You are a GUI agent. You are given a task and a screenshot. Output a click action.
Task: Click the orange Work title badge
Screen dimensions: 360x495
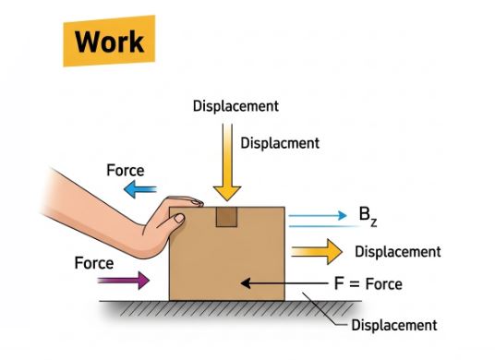(110, 42)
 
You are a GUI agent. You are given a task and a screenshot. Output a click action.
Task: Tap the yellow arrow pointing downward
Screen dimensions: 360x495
(225, 157)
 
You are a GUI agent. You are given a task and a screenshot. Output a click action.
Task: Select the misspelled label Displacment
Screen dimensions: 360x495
(279, 143)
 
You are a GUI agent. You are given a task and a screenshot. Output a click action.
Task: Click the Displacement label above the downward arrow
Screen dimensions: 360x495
(235, 105)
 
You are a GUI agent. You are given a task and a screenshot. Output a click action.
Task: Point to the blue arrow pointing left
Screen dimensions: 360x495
(141, 190)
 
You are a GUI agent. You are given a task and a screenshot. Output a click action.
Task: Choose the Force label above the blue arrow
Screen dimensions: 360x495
(125, 171)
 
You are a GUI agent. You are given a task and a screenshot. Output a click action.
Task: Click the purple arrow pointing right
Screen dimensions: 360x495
(128, 278)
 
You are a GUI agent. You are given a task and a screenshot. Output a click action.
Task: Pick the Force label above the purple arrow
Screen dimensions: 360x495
(93, 263)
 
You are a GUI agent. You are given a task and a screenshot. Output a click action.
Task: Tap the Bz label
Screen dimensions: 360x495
(368, 217)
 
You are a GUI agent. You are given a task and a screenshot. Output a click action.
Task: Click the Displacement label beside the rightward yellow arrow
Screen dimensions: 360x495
(397, 251)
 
